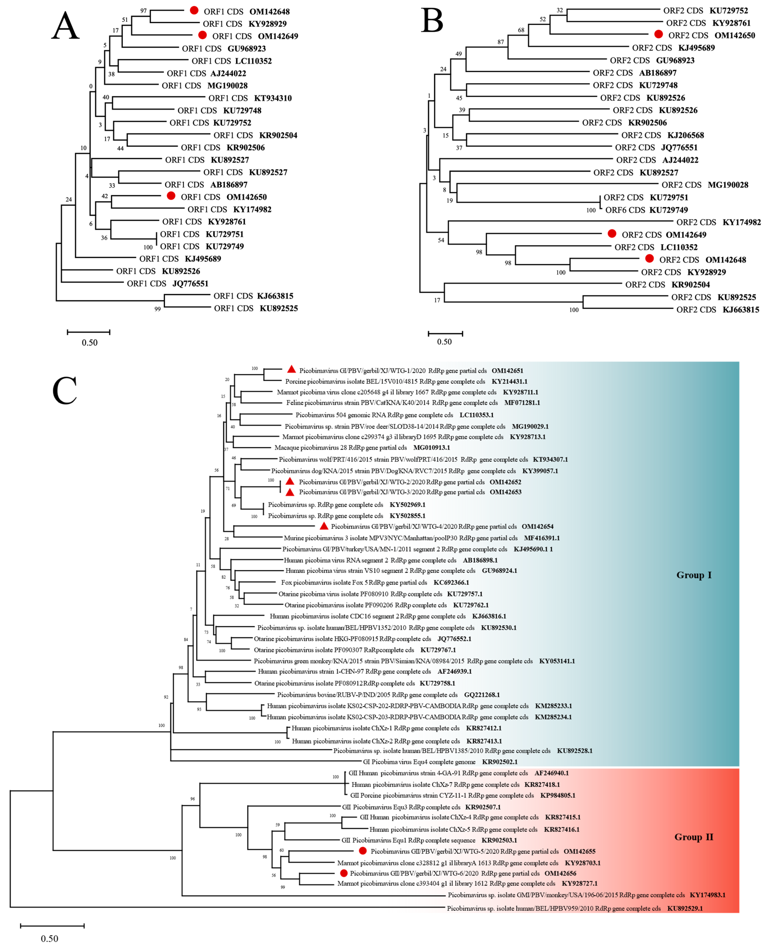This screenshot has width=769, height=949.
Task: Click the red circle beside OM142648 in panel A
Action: coord(194,11)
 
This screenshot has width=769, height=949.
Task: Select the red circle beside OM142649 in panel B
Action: coord(612,233)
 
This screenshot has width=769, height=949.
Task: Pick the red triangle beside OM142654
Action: coord(324,526)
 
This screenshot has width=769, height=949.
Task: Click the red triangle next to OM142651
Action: coord(291,369)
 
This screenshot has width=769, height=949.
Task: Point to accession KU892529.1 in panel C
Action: coord(685,908)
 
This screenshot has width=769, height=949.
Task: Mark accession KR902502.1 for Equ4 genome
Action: coord(500,762)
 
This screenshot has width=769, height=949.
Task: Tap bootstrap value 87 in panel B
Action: coord(501,42)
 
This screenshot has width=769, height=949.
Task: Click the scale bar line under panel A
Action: coord(89,332)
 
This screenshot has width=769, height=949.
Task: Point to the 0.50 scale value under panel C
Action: coord(50,938)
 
